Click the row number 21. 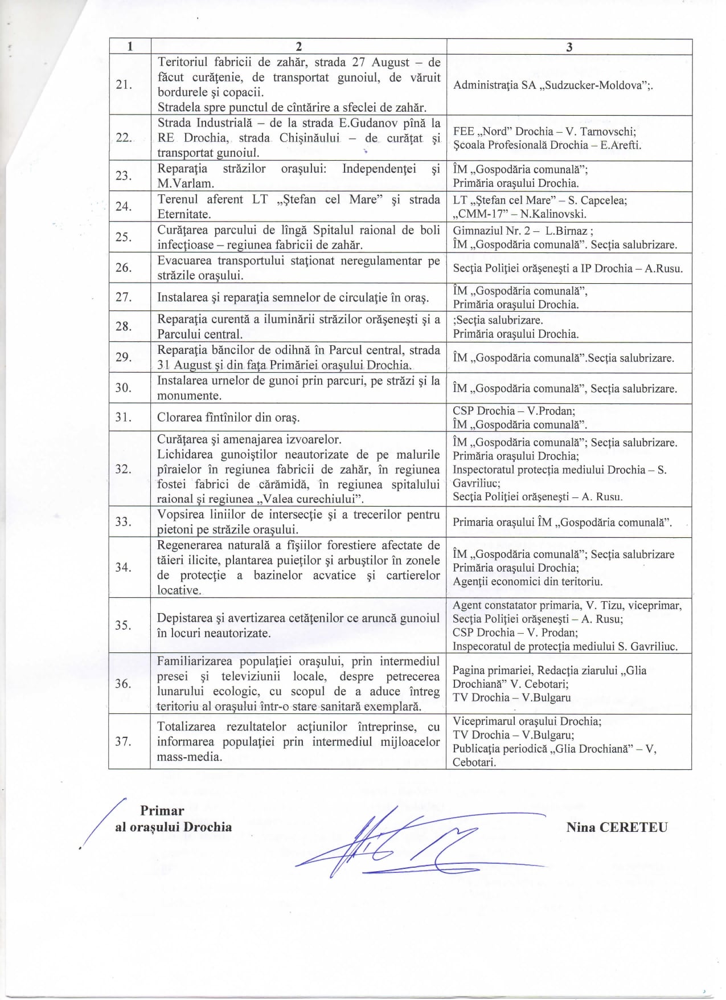point(124,85)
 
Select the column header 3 point(569,47)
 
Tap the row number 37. point(123,741)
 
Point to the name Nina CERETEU point(617,827)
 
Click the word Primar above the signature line point(162,810)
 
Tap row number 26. point(124,268)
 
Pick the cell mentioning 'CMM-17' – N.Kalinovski point(519,214)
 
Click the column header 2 point(298,47)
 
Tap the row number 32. point(123,469)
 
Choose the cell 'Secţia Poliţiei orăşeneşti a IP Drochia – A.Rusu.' point(568,268)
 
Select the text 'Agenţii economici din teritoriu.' point(527,582)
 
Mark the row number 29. point(124,357)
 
